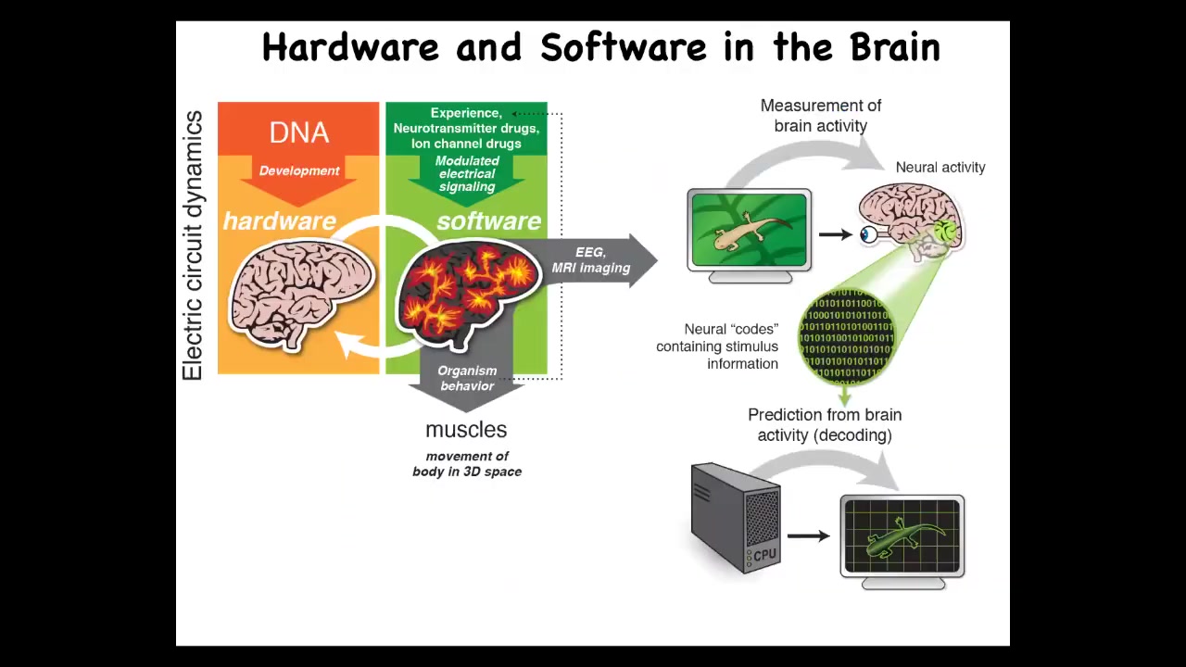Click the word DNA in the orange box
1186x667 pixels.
299,132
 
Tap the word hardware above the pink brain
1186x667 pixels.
279,221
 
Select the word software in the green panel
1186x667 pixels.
488,221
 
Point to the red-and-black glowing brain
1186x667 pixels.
468,292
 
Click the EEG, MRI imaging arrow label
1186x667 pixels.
590,260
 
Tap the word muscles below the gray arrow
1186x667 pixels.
466,430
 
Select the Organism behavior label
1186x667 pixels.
467,378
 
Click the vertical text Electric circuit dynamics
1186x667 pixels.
193,245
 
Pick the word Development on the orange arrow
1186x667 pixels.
299,171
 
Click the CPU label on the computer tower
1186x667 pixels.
764,556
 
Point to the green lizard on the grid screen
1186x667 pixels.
902,536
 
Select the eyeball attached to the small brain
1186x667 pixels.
868,234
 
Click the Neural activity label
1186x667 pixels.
940,168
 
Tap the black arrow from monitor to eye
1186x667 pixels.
835,234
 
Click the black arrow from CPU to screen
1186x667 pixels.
808,535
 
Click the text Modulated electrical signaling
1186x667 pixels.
467,174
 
